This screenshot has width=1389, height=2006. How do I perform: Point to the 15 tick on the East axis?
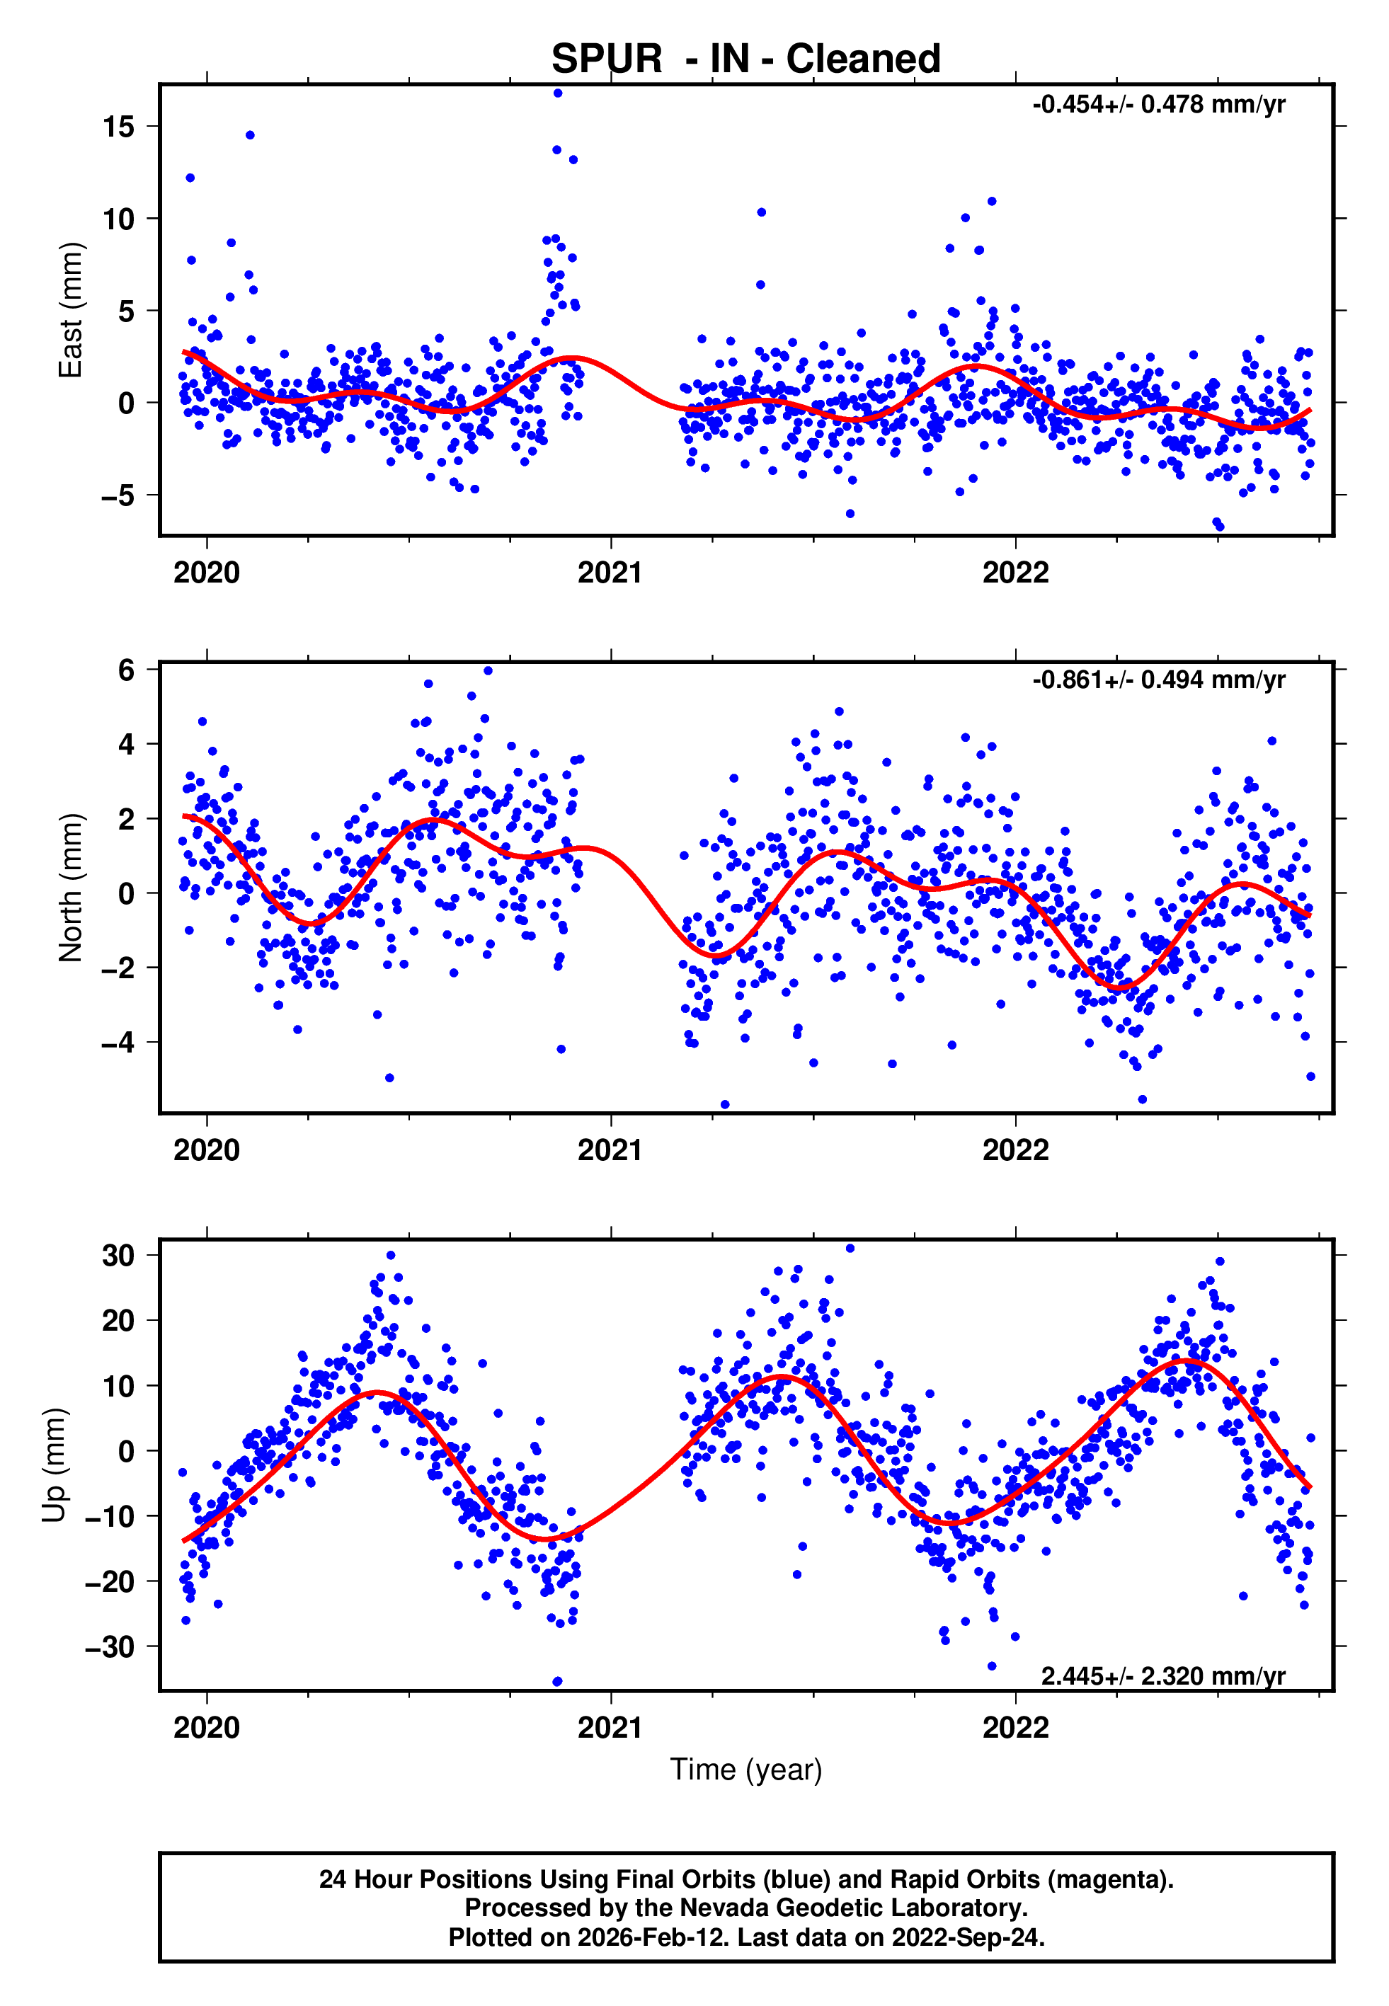point(118,127)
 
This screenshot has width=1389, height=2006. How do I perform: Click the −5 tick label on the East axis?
point(118,496)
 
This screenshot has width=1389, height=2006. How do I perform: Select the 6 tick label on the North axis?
point(127,670)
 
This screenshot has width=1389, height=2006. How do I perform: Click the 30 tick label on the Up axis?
point(118,1255)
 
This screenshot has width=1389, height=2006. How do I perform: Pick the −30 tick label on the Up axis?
point(110,1646)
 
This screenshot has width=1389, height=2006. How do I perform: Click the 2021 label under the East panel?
point(610,573)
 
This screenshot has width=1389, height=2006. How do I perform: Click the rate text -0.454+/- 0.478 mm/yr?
point(1158,105)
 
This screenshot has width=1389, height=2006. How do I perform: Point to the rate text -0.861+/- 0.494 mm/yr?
point(1158,680)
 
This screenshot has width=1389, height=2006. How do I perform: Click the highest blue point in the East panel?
point(558,93)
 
